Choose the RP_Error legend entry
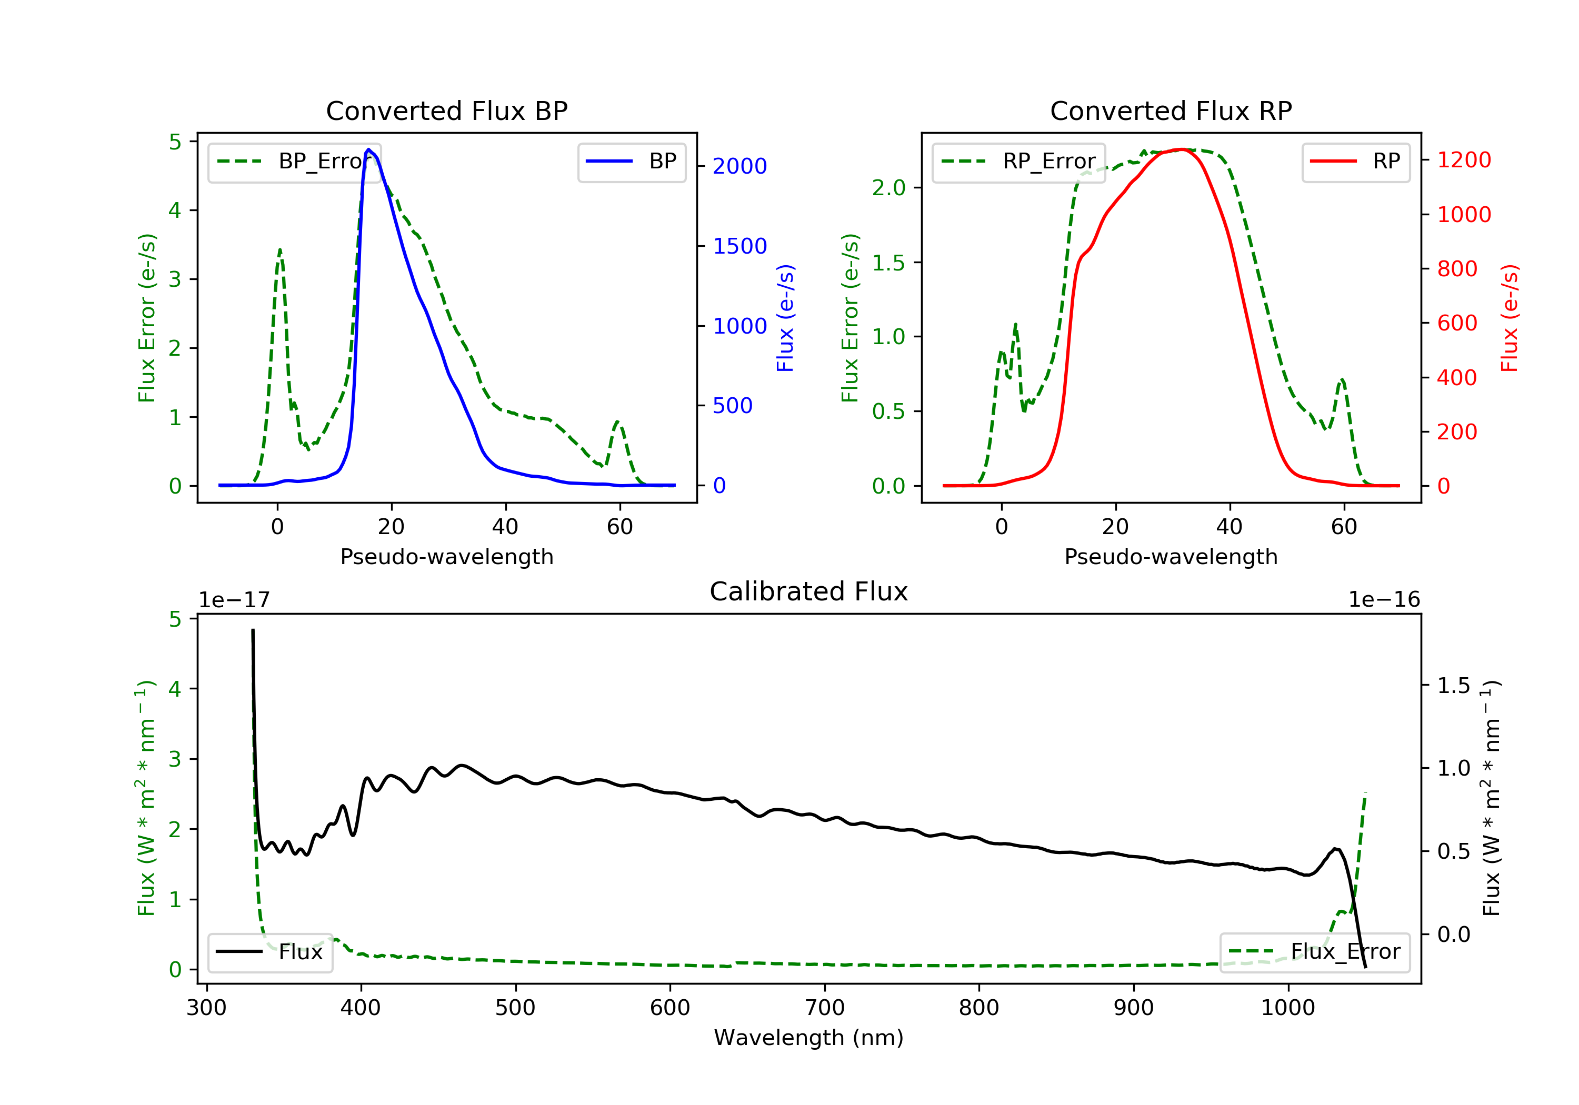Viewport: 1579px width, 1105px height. coord(1019,162)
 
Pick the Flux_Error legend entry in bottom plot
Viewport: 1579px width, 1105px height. coord(1314,952)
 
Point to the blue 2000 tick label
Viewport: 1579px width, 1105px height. coord(739,166)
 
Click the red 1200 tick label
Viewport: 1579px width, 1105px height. coord(1464,160)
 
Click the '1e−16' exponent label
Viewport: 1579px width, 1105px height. coord(1384,600)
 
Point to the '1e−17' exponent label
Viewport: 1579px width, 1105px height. coord(235,600)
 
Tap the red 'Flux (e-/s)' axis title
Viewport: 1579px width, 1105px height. coord(1510,318)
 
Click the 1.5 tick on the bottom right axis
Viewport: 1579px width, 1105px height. coord(1454,686)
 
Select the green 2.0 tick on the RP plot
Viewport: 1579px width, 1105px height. coord(888,188)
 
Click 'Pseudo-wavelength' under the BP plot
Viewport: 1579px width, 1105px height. coord(446,556)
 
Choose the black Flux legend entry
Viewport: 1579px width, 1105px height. coord(271,952)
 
